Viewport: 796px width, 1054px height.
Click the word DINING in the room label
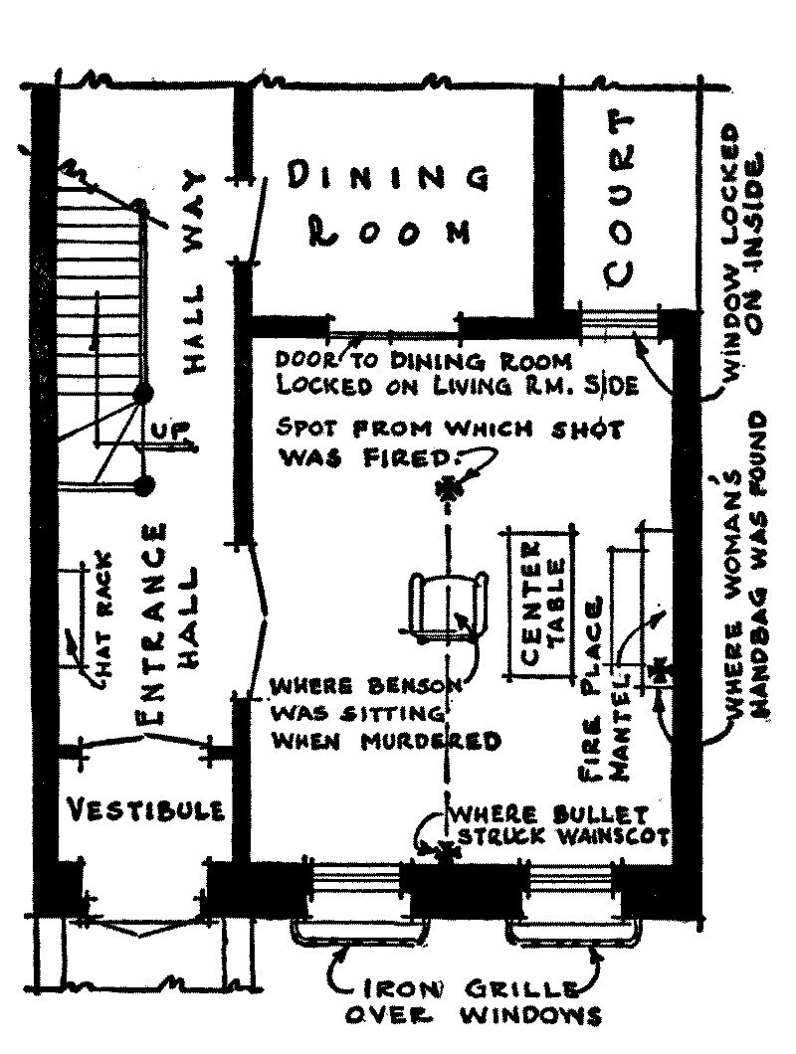(x=388, y=177)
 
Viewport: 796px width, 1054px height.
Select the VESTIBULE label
(x=147, y=809)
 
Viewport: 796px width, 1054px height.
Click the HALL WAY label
(x=194, y=271)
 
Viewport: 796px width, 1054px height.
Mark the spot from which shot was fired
(x=447, y=488)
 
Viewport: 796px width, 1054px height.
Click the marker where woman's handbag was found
(x=660, y=672)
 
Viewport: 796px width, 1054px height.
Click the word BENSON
(x=414, y=686)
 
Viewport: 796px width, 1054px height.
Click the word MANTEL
(x=620, y=729)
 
